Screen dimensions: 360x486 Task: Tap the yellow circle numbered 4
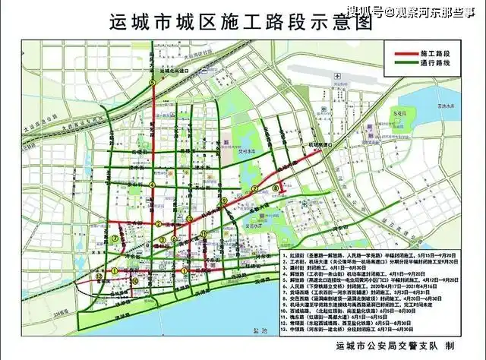[x=152, y=184]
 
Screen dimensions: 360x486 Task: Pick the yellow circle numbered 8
[x=275, y=188]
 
